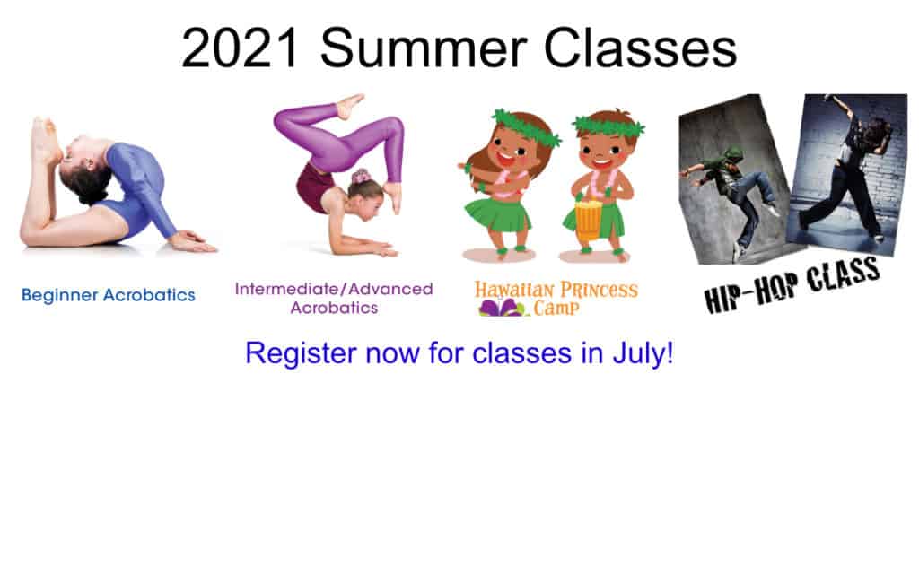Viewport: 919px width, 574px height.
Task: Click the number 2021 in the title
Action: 241,48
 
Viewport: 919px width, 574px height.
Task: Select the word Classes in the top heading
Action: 640,48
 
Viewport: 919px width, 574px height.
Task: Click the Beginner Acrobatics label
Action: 109,294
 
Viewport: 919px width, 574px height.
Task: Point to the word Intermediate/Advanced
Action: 334,289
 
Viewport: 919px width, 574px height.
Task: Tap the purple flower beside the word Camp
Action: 502,309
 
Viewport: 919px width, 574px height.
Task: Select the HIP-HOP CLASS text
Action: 792,284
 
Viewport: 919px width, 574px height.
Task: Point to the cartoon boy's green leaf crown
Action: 609,126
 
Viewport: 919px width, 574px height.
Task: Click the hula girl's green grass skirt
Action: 497,214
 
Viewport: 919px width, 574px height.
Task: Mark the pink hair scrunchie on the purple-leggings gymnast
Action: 361,176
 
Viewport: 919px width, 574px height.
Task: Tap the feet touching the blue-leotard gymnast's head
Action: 46,141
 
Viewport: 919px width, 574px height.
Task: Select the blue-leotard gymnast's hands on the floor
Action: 194,240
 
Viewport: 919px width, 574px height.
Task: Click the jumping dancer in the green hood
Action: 731,194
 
